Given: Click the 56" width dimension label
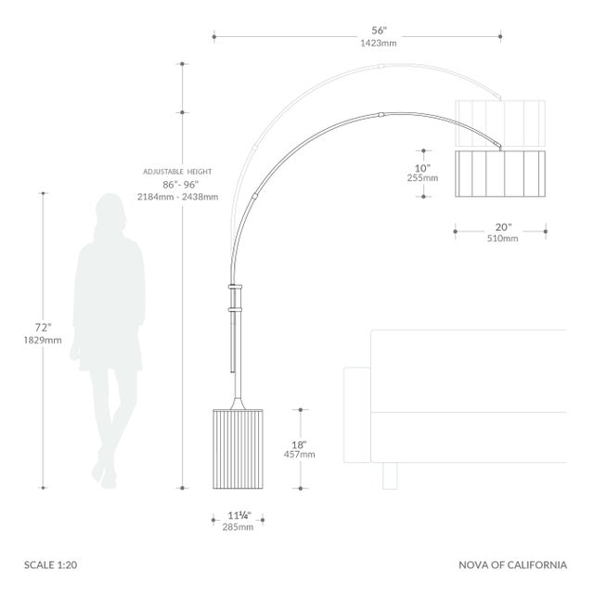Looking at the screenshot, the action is point(379,31).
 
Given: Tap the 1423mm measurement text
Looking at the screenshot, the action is point(379,43).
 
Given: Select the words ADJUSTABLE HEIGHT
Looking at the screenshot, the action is point(177,172).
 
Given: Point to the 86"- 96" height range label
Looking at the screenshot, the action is point(181,185).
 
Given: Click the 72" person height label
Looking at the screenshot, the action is point(43,327).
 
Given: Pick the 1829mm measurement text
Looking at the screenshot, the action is point(43,340).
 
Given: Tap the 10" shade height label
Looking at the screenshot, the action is point(422,168).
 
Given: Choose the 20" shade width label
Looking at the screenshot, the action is point(503,226).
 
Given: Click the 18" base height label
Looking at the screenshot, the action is point(299,445).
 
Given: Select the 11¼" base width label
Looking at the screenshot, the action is point(239,515).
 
